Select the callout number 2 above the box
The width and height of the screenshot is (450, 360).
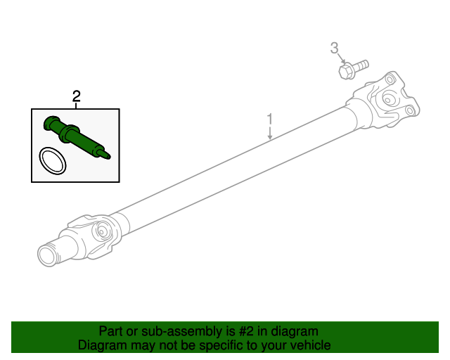tap(76, 96)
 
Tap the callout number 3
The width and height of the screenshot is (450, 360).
tap(335, 48)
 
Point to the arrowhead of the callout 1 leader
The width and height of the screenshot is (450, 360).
tap(270, 140)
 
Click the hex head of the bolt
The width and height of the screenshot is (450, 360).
tap(345, 71)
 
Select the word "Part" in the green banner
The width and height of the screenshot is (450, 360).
tap(111, 331)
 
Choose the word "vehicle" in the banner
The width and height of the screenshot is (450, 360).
tap(310, 345)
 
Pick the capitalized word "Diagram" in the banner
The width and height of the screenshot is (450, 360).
tap(99, 345)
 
